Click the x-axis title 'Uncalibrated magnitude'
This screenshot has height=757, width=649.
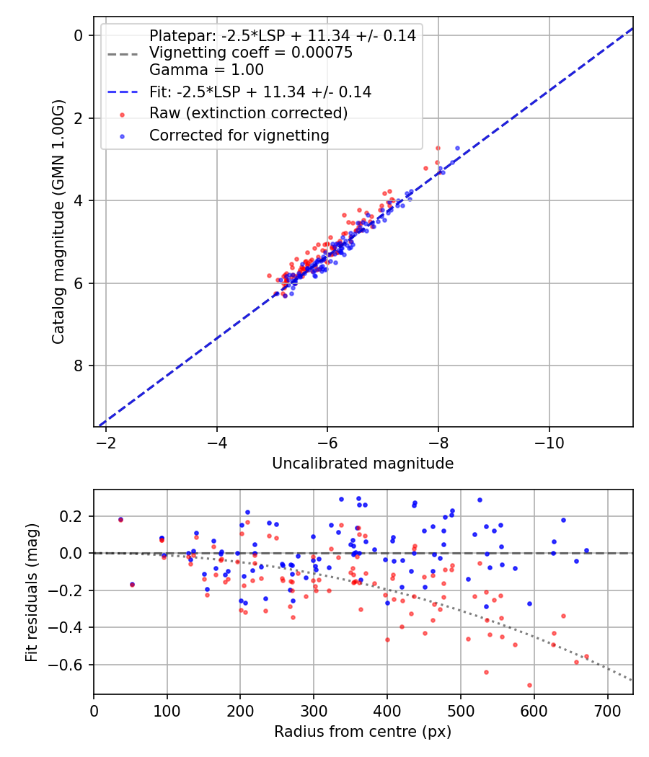click(363, 464)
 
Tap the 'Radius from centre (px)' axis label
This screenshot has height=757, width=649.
click(363, 732)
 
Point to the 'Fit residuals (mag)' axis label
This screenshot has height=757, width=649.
click(31, 593)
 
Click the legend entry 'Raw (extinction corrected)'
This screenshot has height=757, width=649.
click(248, 113)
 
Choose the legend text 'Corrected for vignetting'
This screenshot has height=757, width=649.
click(239, 136)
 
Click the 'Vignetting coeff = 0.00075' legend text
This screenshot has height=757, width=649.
click(250, 53)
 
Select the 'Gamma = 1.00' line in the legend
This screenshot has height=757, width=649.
click(206, 70)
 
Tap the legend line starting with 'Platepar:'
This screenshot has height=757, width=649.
click(282, 36)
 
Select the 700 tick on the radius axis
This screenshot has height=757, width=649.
click(607, 709)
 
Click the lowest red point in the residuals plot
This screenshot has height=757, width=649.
click(529, 685)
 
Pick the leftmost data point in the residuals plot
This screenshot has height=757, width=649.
click(120, 519)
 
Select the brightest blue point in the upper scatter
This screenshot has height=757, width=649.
click(457, 148)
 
